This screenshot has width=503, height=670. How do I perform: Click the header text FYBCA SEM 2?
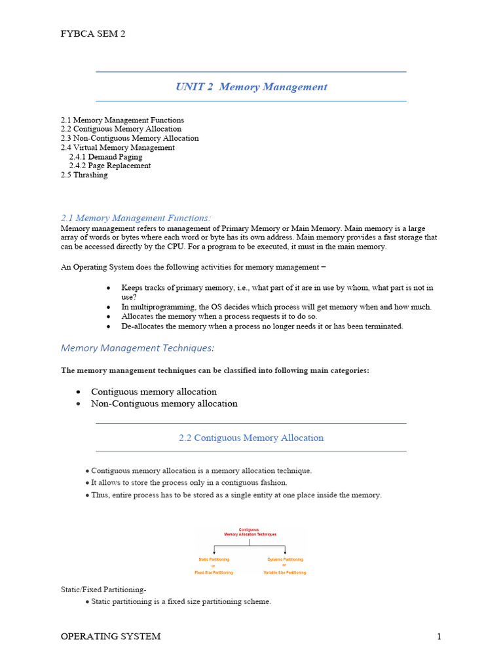coord(93,34)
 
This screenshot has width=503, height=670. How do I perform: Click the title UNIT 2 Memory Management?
coord(251,87)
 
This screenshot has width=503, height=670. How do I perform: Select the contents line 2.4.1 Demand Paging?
coord(105,157)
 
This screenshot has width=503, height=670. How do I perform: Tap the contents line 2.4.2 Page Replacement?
coord(109,166)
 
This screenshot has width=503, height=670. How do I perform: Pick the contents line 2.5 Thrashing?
coord(84,175)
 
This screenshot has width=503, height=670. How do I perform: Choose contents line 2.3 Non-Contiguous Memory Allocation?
coord(130,139)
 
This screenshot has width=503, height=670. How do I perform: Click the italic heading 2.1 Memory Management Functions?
coord(136,218)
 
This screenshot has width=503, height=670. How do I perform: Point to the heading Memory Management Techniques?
coord(138,348)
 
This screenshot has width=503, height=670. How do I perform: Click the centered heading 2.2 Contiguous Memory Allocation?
coord(251,438)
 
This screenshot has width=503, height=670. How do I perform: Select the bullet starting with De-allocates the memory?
coord(262,326)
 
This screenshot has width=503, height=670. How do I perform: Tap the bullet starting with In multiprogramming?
coord(276,307)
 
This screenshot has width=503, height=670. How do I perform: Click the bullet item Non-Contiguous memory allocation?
coord(164,404)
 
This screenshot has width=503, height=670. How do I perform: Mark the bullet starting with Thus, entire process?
coord(236,495)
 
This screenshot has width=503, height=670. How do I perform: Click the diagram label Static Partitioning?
coord(214,559)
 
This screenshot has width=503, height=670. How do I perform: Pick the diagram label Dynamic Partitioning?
coord(285,559)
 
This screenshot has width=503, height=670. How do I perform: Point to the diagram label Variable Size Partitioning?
coord(285,573)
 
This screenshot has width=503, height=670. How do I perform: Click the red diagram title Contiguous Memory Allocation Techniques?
coord(249,532)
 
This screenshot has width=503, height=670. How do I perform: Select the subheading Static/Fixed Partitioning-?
coord(99,590)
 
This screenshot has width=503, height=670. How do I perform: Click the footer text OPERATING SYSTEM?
coord(111,637)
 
